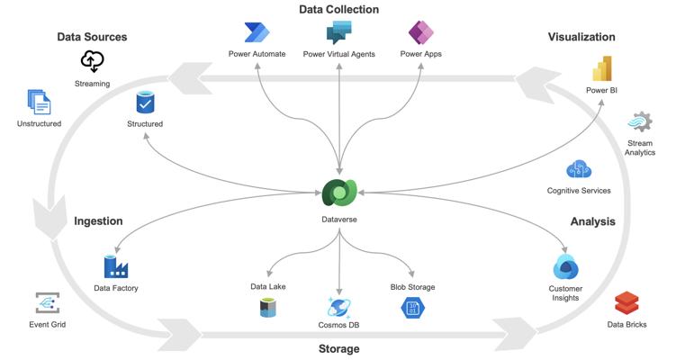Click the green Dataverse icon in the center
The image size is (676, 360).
click(339, 193)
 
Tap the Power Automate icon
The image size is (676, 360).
click(257, 32)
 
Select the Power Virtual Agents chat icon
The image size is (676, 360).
click(338, 32)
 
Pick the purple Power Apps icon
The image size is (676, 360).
click(420, 32)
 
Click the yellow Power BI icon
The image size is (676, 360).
click(602, 68)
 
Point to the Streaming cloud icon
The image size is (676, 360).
click(92, 61)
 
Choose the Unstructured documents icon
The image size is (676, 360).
click(39, 103)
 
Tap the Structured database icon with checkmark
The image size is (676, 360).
click(145, 103)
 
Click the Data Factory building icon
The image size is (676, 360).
click(116, 267)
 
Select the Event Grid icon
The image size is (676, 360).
click(48, 303)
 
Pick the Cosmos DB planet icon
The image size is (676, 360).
click(338, 308)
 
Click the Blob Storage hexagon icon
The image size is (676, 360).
click(412, 308)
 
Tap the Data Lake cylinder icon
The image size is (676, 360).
click(268, 308)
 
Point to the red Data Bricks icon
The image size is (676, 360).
click(626, 303)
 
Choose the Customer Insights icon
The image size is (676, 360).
click(565, 267)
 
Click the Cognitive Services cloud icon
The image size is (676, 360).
click(579, 169)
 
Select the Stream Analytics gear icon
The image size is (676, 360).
click(640, 122)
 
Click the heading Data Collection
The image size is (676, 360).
click(338, 10)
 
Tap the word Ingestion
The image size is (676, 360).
click(98, 221)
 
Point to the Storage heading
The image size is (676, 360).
click(338, 349)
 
